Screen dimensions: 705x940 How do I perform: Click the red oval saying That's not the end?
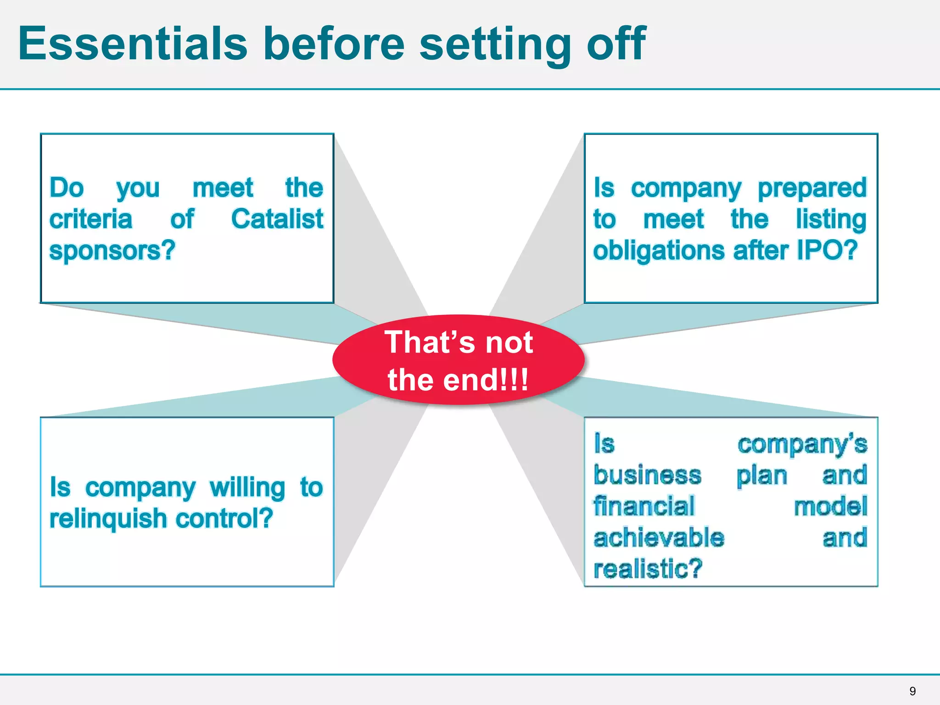(x=458, y=360)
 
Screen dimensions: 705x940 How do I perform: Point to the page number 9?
(x=912, y=691)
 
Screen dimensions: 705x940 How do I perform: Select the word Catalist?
(x=277, y=219)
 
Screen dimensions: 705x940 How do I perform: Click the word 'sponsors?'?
(x=112, y=251)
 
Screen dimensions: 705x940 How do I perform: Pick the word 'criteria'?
(x=91, y=219)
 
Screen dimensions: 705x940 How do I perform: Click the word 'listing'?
(x=831, y=219)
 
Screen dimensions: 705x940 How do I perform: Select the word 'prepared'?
(x=812, y=189)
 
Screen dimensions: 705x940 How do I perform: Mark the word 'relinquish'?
(x=108, y=519)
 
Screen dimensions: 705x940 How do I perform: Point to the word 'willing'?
(x=247, y=488)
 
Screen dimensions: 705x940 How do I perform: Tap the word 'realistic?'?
(x=648, y=569)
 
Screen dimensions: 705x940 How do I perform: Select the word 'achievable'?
(x=659, y=537)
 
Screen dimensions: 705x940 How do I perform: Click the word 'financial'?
(x=644, y=506)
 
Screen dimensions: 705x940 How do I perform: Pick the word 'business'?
(x=647, y=475)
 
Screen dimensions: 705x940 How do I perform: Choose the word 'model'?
(x=831, y=507)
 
